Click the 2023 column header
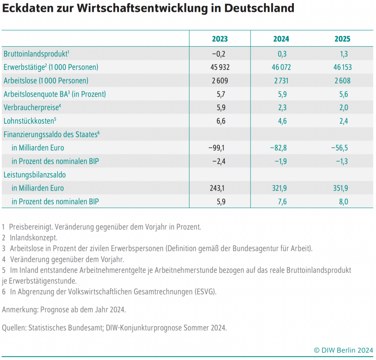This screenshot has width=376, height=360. [x=220, y=39]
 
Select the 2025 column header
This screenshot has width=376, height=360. [x=342, y=39]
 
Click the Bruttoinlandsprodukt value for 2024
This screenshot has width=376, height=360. [x=281, y=54]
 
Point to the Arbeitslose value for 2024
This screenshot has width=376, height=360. [x=281, y=81]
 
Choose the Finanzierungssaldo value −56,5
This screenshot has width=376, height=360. [x=340, y=148]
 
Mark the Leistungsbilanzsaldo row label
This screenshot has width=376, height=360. [x=35, y=175]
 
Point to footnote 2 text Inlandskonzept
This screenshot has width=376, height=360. [x=34, y=238]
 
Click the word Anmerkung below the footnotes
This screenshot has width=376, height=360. [x=20, y=310]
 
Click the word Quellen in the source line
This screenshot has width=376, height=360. [x=14, y=328]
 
